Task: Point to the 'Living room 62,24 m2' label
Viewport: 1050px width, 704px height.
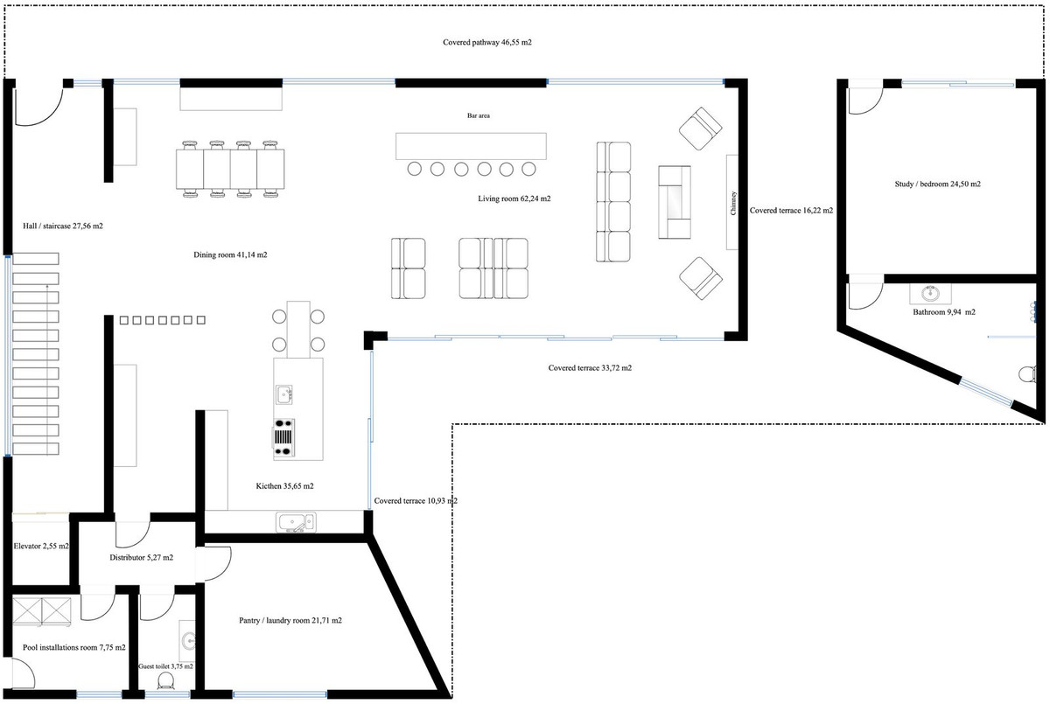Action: click(514, 199)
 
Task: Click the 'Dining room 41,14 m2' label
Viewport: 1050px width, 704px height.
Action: click(230, 255)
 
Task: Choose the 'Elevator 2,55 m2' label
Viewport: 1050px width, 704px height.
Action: click(41, 546)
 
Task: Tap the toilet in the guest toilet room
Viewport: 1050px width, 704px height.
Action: click(164, 682)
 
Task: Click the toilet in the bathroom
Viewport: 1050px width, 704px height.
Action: click(1027, 373)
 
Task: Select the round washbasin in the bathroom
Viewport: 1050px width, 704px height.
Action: click(930, 294)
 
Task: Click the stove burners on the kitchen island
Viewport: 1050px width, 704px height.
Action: click(284, 438)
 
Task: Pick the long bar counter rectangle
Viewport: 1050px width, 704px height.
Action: click(471, 146)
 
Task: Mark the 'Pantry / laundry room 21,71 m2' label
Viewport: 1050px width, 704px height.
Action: click(290, 620)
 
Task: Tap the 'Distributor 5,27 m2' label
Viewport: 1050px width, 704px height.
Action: click(141, 557)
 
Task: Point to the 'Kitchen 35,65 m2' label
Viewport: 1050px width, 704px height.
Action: click(284, 485)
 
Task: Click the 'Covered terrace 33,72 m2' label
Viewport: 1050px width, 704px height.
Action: click(590, 368)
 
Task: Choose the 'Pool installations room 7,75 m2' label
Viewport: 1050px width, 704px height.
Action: click(74, 648)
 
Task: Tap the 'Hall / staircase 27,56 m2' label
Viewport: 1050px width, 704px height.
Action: click(63, 226)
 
